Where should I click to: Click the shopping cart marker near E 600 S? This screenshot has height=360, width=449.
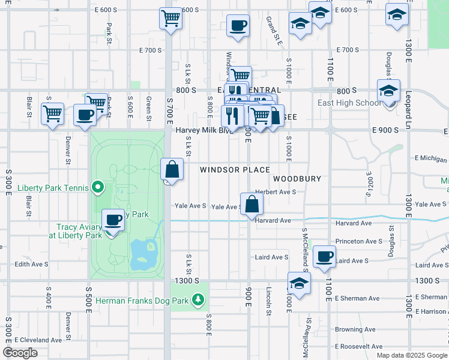pyautogui.click(x=171, y=18)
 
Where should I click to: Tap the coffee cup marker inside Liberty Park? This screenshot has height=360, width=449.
pyautogui.click(x=113, y=220)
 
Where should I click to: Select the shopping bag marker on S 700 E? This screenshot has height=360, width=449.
pyautogui.click(x=172, y=170)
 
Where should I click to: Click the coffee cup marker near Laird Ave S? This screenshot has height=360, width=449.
pyautogui.click(x=325, y=256)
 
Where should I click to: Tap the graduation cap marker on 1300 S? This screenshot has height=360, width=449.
pyautogui.click(x=299, y=282)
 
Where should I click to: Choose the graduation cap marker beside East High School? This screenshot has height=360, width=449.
pyautogui.click(x=388, y=91)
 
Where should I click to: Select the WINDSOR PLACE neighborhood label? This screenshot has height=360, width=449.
pyautogui.click(x=235, y=170)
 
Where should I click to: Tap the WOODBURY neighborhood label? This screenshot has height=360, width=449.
pyautogui.click(x=297, y=179)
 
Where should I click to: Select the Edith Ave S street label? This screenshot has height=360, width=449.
pyautogui.click(x=31, y=264)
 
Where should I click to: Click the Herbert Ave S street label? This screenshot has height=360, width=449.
pyautogui.click(x=276, y=192)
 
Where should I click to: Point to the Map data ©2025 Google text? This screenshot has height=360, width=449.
pyautogui.click(x=411, y=355)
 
